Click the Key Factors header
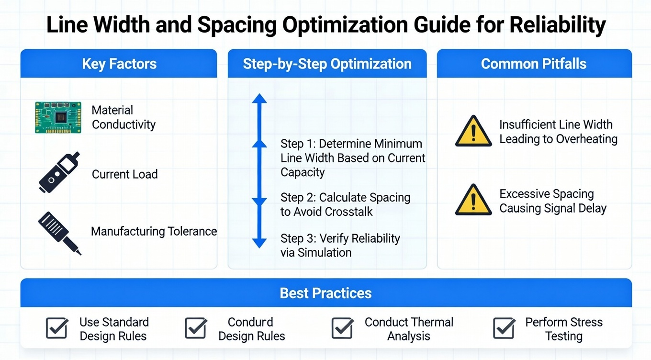coord(119,64)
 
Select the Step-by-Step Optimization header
coord(327,64)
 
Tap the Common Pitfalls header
coord(534,64)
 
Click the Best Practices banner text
coord(325,293)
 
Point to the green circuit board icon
coord(58,117)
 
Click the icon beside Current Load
coord(59,173)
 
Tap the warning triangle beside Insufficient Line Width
coord(473,131)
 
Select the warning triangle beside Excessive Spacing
coord(473,200)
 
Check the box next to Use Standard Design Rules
coord(57,328)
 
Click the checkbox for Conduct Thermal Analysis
coord(342,328)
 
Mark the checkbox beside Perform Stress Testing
coord(504,328)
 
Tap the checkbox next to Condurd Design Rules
coord(196,328)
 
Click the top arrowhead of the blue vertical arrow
coord(259,99)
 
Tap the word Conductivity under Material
coord(123,125)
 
